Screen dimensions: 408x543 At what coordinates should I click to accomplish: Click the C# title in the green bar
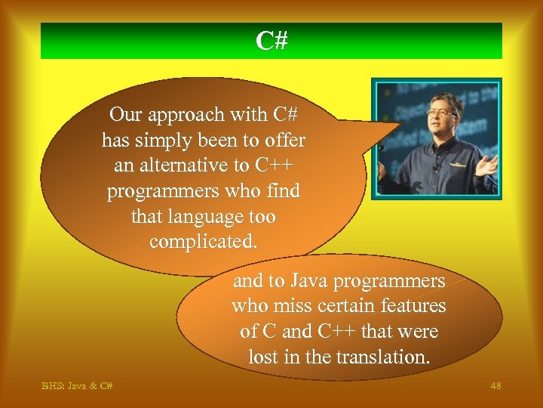click(x=271, y=41)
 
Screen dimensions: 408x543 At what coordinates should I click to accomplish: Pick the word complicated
click(x=203, y=243)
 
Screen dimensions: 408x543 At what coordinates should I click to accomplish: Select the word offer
click(x=286, y=141)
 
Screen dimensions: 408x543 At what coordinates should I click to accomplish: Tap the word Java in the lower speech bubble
click(x=308, y=281)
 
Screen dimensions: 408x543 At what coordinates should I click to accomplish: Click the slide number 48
click(x=495, y=386)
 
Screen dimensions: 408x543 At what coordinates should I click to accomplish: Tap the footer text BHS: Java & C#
click(x=77, y=386)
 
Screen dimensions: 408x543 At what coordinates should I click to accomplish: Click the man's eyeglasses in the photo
click(x=440, y=113)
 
